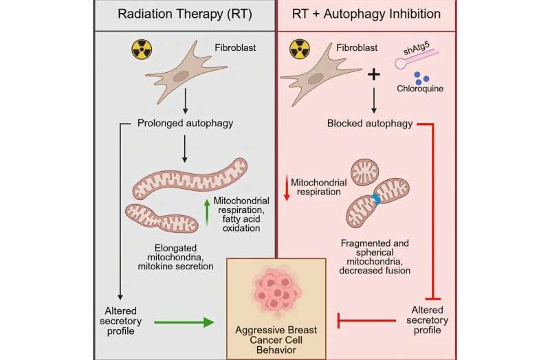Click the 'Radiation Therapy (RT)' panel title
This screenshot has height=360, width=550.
185,14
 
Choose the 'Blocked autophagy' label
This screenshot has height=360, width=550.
368,124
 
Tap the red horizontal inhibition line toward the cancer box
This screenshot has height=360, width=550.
368,321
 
